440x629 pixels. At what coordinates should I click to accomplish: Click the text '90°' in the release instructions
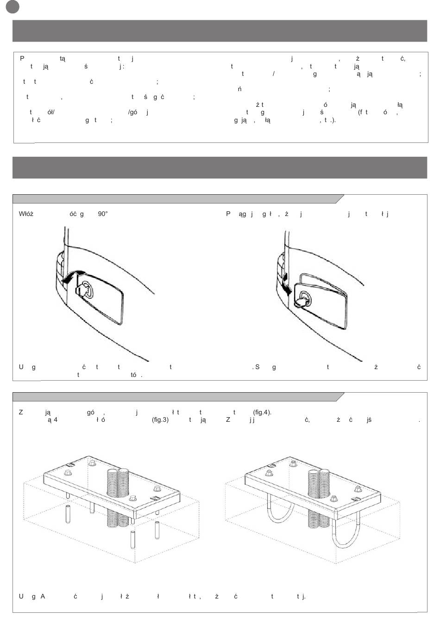click(103, 214)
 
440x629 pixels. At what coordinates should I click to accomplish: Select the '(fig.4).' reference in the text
click(262, 412)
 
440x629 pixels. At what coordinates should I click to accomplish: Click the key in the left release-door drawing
click(82, 290)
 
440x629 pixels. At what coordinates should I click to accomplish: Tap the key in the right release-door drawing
click(302, 301)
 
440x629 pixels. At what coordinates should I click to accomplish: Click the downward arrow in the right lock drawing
click(286, 285)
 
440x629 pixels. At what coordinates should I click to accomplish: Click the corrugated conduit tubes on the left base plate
click(118, 497)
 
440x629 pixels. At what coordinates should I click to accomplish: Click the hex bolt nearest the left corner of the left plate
click(68, 473)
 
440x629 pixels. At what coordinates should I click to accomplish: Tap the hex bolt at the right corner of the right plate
click(357, 488)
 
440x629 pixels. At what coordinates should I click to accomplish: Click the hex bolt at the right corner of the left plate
click(157, 488)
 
